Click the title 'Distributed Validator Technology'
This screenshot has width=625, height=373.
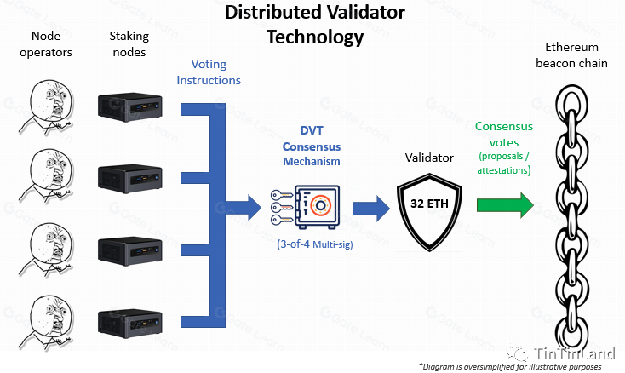click(315, 25)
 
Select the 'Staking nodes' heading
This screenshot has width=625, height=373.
click(129, 43)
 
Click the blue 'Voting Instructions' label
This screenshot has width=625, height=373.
click(209, 72)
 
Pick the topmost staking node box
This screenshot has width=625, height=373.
click(129, 105)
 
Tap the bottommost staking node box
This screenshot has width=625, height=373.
click(129, 322)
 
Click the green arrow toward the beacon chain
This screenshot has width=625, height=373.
click(503, 205)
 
